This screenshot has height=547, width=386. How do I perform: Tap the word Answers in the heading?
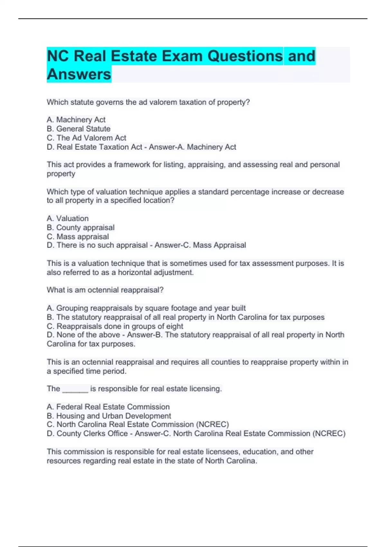pyautogui.click(x=79, y=74)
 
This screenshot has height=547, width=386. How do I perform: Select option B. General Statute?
pyautogui.click(x=78, y=129)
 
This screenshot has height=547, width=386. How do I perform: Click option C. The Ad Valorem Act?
pyautogui.click(x=86, y=138)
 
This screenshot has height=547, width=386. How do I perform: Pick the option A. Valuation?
pyautogui.click(x=68, y=218)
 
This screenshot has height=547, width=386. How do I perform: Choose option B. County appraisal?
pyautogui.click(x=80, y=227)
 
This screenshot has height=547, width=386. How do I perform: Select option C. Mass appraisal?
pyautogui.click(x=78, y=236)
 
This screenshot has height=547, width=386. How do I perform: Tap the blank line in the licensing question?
pyautogui.click(x=75, y=389)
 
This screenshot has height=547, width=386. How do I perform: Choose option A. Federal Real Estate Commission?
pyautogui.click(x=108, y=407)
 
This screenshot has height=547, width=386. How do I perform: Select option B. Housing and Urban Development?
pyautogui.click(x=109, y=416)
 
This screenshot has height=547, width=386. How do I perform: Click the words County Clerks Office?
pyautogui.click(x=92, y=434)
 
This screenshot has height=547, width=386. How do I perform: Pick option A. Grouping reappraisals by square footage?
pyautogui.click(x=146, y=308)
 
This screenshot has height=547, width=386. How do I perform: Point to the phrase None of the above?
pyautogui.click(x=88, y=335)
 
